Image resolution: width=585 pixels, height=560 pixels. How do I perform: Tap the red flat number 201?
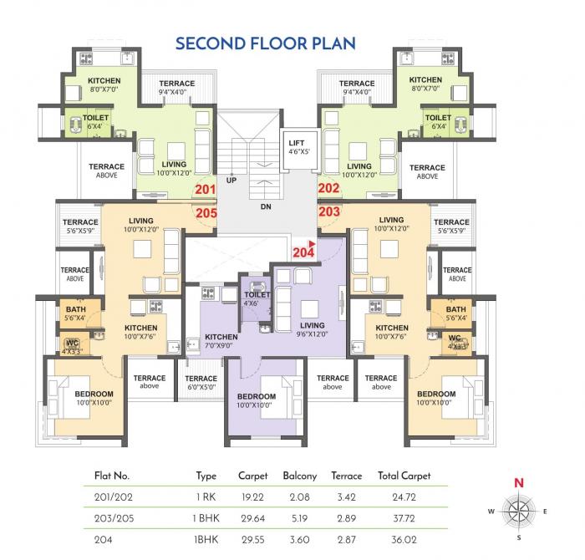(205, 189)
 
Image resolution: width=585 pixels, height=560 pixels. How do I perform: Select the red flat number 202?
(328, 189)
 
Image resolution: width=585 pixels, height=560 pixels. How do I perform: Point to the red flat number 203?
(328, 212)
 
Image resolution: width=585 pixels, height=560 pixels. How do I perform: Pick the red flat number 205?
(206, 212)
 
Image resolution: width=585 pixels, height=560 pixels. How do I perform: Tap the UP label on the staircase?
(231, 181)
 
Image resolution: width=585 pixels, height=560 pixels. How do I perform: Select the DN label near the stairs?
(266, 206)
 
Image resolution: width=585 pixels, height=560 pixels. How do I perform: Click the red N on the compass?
(518, 482)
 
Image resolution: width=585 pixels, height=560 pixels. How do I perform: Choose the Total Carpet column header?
(404, 476)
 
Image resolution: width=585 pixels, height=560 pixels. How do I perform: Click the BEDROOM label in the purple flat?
(256, 396)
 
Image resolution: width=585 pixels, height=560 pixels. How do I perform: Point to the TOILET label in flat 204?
(257, 295)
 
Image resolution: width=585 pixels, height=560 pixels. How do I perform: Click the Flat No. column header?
(109, 476)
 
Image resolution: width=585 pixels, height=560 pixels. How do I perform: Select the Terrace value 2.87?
(346, 538)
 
